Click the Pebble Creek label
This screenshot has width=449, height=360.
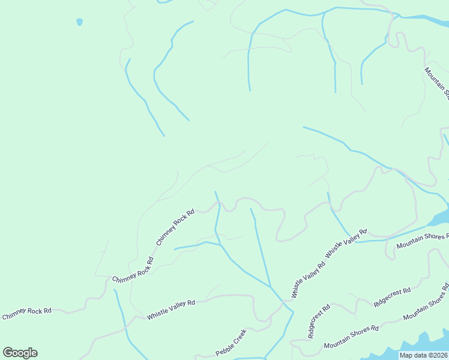click(x=231, y=342)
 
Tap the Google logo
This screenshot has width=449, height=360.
click(x=20, y=353)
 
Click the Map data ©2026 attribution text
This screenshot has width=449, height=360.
click(x=423, y=355)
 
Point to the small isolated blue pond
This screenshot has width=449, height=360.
click(x=79, y=22)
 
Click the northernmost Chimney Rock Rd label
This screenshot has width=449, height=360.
click(x=175, y=227)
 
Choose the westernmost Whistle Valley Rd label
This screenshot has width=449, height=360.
click(x=171, y=310)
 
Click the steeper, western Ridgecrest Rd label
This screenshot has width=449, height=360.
click(x=319, y=322)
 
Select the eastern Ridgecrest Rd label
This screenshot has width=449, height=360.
click(x=392, y=298)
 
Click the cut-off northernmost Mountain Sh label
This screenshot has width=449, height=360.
click(x=437, y=80)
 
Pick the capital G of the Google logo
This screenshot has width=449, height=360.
click(x=8, y=353)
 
